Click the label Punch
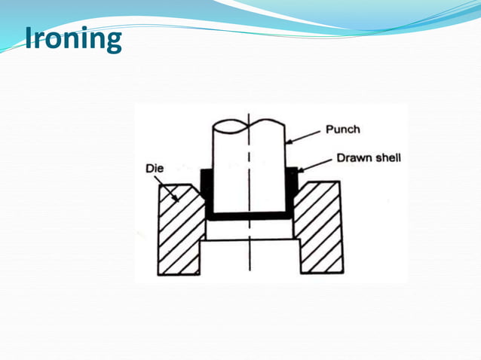coord(342,129)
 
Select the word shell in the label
coord(388,159)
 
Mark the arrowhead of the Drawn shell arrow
coord(299,171)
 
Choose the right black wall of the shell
coord(291,192)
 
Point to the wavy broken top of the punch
coord(249,124)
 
